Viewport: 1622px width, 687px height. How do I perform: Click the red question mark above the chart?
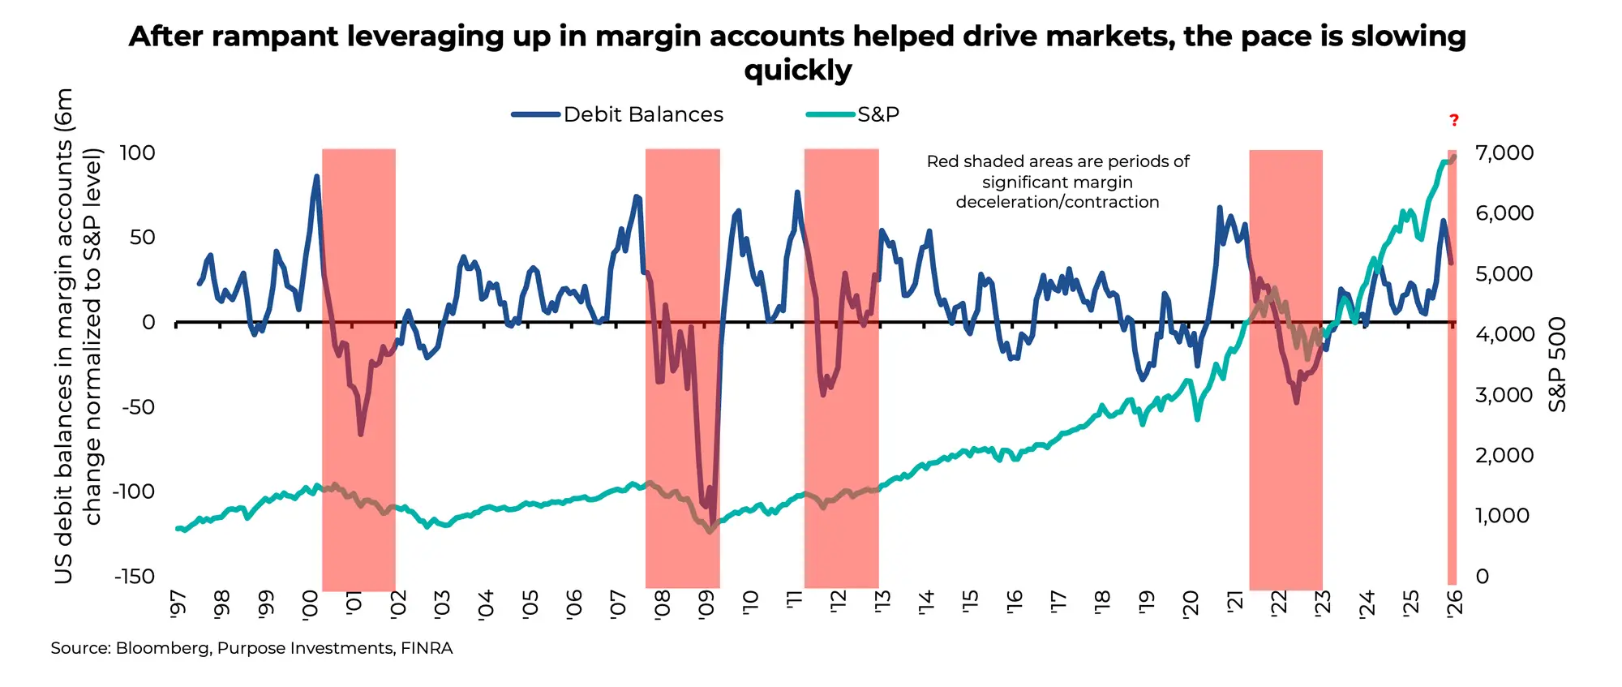[1454, 121]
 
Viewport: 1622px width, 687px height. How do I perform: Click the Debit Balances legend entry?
[642, 114]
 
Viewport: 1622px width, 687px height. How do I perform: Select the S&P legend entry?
[878, 114]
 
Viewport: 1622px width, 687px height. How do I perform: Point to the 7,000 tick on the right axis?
[1504, 152]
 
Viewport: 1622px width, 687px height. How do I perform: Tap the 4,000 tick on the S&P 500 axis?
[1504, 334]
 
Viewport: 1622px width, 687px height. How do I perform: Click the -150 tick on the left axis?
[135, 577]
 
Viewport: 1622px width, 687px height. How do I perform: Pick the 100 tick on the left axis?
[137, 152]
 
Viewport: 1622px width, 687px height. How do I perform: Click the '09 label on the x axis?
[706, 604]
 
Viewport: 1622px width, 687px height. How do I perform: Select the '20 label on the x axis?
[1191, 604]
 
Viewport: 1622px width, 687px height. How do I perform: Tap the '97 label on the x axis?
[178, 604]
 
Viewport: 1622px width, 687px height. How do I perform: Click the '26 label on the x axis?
[1455, 604]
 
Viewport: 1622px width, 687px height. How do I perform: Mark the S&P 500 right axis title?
[1558, 363]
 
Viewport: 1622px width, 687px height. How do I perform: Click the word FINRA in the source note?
[427, 648]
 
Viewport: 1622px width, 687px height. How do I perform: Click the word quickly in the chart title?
[798, 71]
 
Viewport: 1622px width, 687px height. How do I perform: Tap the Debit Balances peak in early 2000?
[316, 176]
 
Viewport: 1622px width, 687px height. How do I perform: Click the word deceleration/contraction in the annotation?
[1058, 202]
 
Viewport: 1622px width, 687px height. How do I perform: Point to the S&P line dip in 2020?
[1197, 418]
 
